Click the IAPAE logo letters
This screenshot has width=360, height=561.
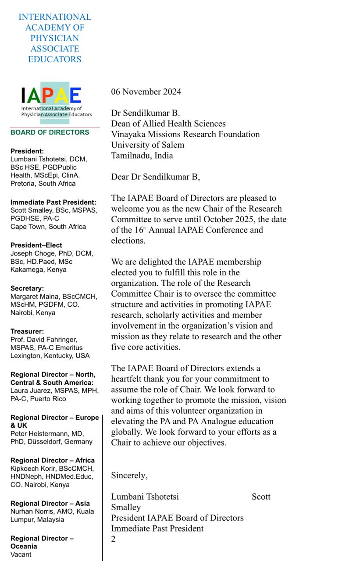pos(51,95)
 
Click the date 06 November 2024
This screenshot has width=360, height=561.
pos(146,92)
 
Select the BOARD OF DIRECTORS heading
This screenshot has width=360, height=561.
pos(50,132)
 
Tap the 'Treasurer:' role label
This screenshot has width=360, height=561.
pos(27,331)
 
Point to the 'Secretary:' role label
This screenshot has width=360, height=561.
pos(27,288)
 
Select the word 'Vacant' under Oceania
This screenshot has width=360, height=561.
pos(21,554)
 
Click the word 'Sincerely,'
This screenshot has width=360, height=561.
pos(129,475)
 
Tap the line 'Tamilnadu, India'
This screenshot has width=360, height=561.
pos(142,156)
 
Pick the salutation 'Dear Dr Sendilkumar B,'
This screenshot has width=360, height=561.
pos(155,177)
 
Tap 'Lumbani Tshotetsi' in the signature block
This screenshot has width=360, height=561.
pos(145,497)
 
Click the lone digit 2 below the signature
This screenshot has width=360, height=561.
pos(113,539)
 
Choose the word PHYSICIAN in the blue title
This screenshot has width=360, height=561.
pos(55,38)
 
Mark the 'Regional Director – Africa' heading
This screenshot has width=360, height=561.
pos(53,460)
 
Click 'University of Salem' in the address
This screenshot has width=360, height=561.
pos(147,145)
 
